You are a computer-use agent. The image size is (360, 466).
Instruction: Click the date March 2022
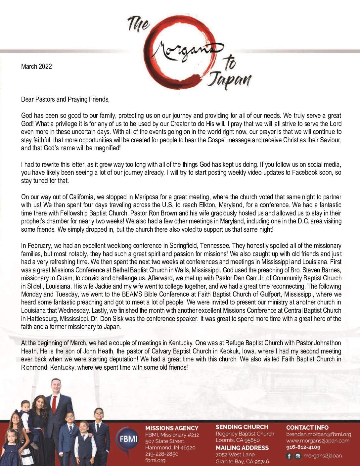pyautogui.click(x=36, y=67)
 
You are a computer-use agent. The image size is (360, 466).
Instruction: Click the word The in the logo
pyautogui.click(x=139, y=23)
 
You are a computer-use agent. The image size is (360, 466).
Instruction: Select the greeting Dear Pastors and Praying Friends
pyautogui.click(x=65, y=99)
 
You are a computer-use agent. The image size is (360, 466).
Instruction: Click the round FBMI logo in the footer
pyautogui.click(x=128, y=439)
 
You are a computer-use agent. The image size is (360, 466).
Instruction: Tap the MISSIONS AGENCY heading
pyautogui.click(x=172, y=428)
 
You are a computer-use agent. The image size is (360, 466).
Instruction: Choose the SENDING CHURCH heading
pyautogui.click(x=242, y=427)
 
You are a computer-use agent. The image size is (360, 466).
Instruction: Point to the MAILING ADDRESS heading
pyautogui.click(x=242, y=448)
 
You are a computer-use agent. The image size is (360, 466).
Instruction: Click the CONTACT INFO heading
pyautogui.click(x=307, y=428)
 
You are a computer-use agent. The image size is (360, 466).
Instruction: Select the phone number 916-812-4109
pyautogui.click(x=303, y=447)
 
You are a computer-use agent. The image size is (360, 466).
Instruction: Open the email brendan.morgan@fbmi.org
pyautogui.click(x=318, y=434)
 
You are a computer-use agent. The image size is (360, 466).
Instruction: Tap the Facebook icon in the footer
pyautogui.click(x=289, y=456)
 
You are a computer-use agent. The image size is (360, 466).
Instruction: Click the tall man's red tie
pyautogui.click(x=54, y=404)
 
